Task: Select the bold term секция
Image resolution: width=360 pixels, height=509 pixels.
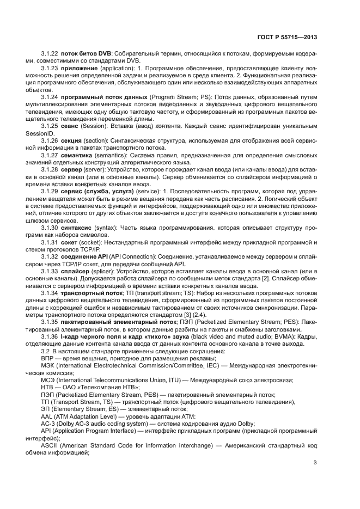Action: [72, 140]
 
